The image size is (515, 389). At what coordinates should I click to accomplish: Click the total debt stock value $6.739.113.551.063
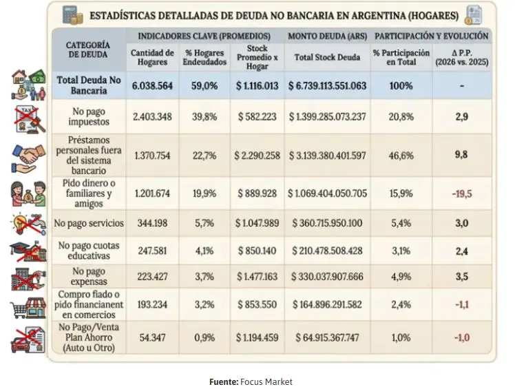tap(327, 86)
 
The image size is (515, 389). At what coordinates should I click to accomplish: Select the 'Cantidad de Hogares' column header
tap(152, 56)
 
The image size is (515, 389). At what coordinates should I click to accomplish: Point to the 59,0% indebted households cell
tap(205, 86)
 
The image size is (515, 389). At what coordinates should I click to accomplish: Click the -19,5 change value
tap(461, 194)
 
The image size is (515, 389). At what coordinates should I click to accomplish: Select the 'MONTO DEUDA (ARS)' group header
tap(327, 35)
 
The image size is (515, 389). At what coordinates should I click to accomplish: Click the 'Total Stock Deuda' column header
tap(327, 57)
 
